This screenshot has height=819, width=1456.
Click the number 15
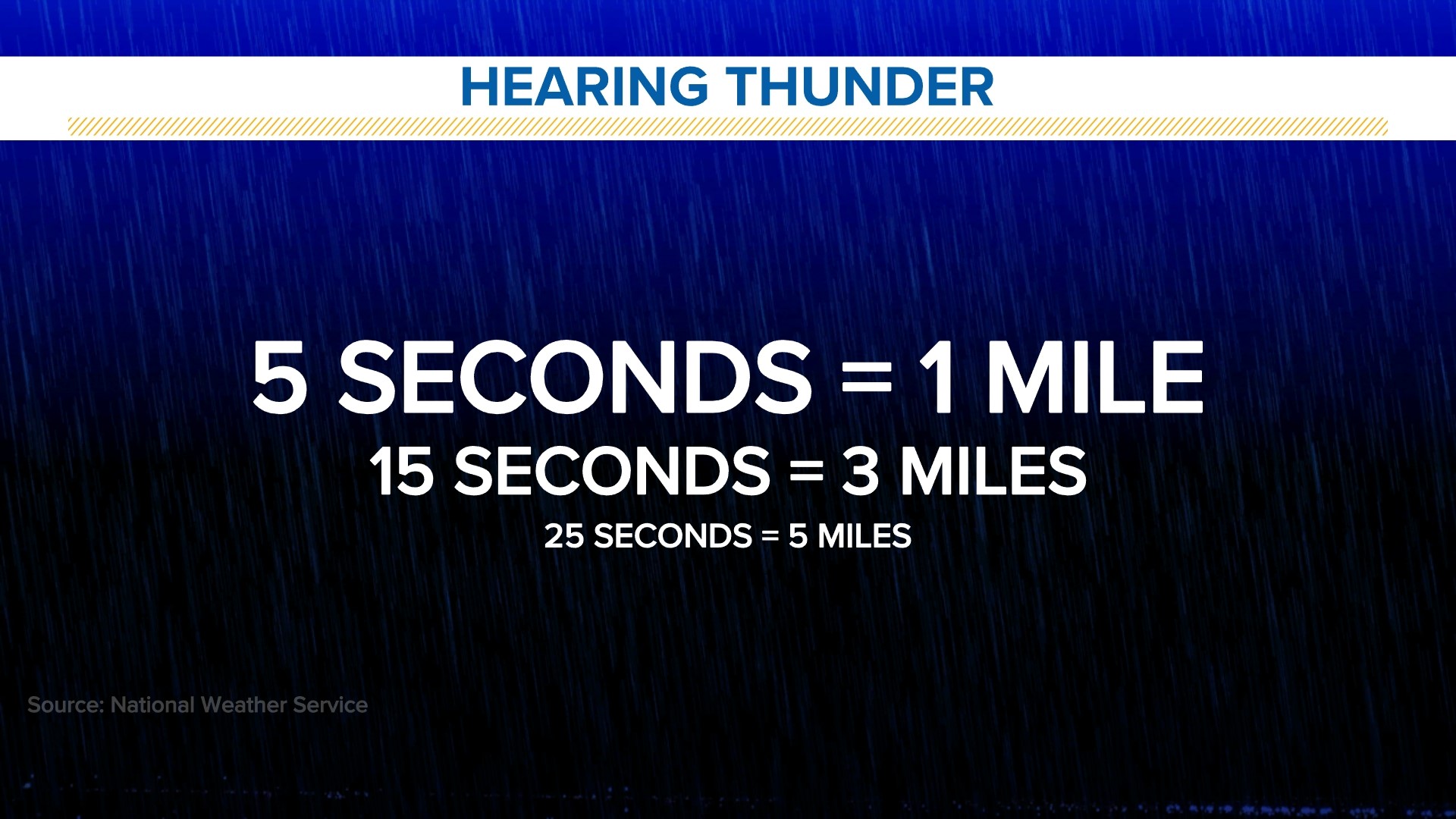point(401,472)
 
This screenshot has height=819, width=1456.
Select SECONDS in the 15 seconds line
point(613,472)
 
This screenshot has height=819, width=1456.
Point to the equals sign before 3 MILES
point(806,472)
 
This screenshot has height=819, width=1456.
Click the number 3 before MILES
point(861,472)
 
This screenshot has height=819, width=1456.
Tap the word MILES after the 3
point(993,472)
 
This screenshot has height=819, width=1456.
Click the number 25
point(564,536)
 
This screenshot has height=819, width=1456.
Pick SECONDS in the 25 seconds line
point(673,536)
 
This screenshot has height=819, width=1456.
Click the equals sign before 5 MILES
point(770,536)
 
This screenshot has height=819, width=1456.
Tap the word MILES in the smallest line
point(864,536)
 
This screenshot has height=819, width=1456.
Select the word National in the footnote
point(152,705)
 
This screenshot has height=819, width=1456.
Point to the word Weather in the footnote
point(243,705)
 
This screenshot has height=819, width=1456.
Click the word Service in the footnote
point(330,705)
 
